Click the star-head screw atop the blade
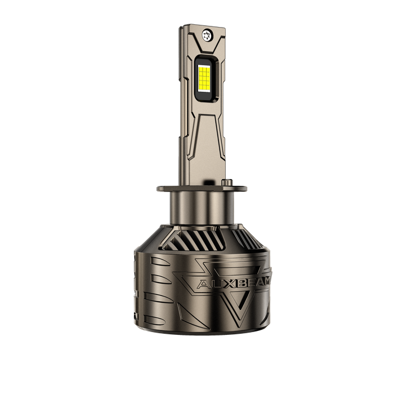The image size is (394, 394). pos(208,35)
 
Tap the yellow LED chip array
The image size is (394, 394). pos(204,78)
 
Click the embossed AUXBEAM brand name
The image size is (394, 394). pos(234,283)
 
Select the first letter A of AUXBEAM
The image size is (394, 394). pos(203,284)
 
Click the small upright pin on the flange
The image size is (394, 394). pos(227,182)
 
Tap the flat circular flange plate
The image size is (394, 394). pos(202,189)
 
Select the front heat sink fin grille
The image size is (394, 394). pos(194,240)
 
